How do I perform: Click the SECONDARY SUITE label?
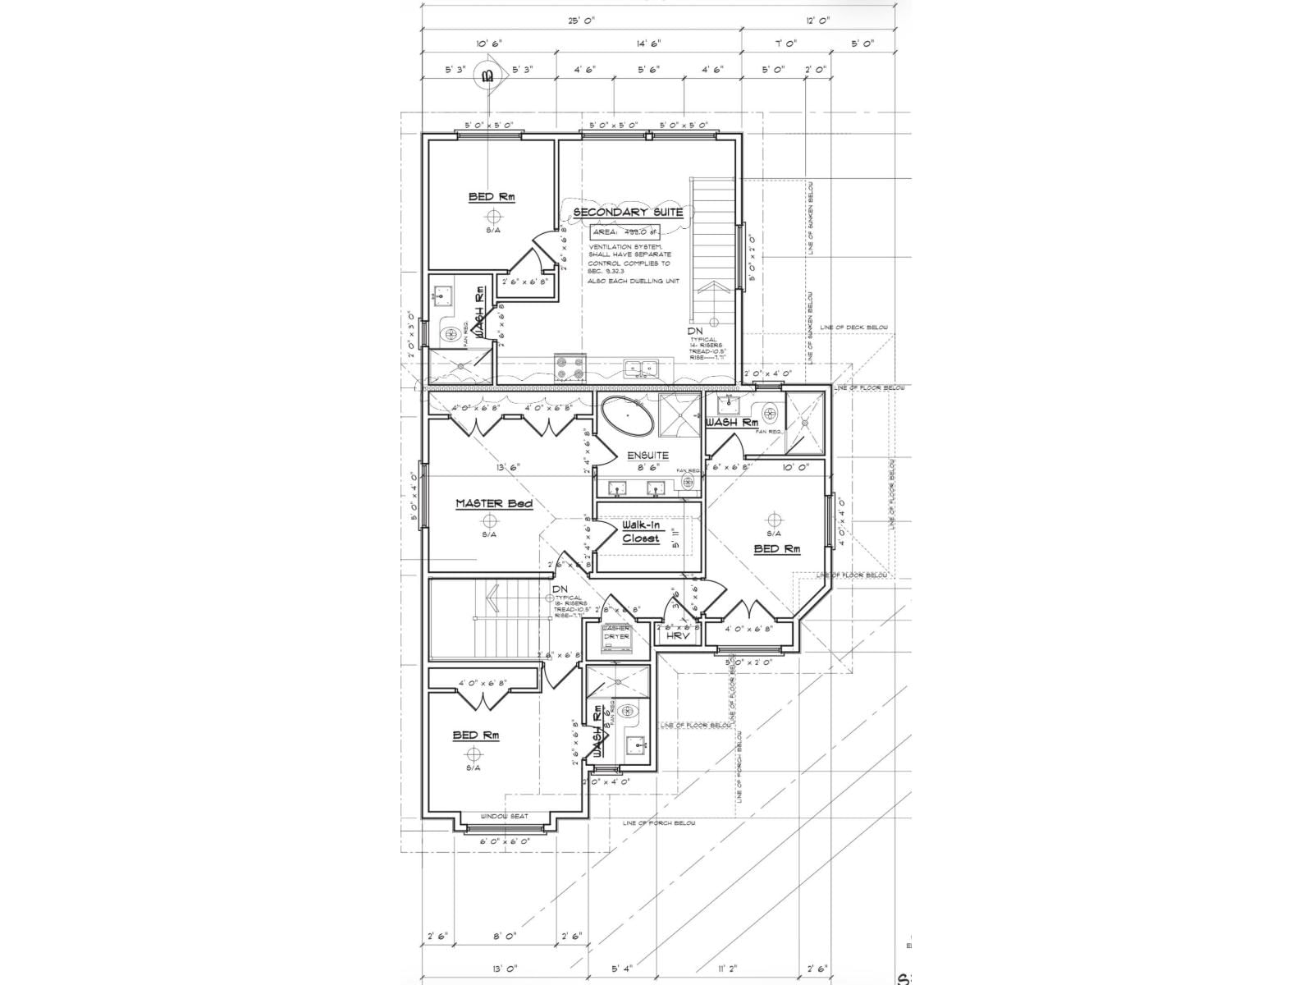tap(628, 213)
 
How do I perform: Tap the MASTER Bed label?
tap(494, 503)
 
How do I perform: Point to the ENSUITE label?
tap(647, 455)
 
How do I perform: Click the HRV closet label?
tap(675, 636)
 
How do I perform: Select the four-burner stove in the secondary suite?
tap(569, 369)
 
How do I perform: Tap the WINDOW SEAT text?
tap(504, 816)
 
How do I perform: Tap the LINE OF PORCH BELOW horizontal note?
tap(659, 822)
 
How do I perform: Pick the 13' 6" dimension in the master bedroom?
tap(508, 468)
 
